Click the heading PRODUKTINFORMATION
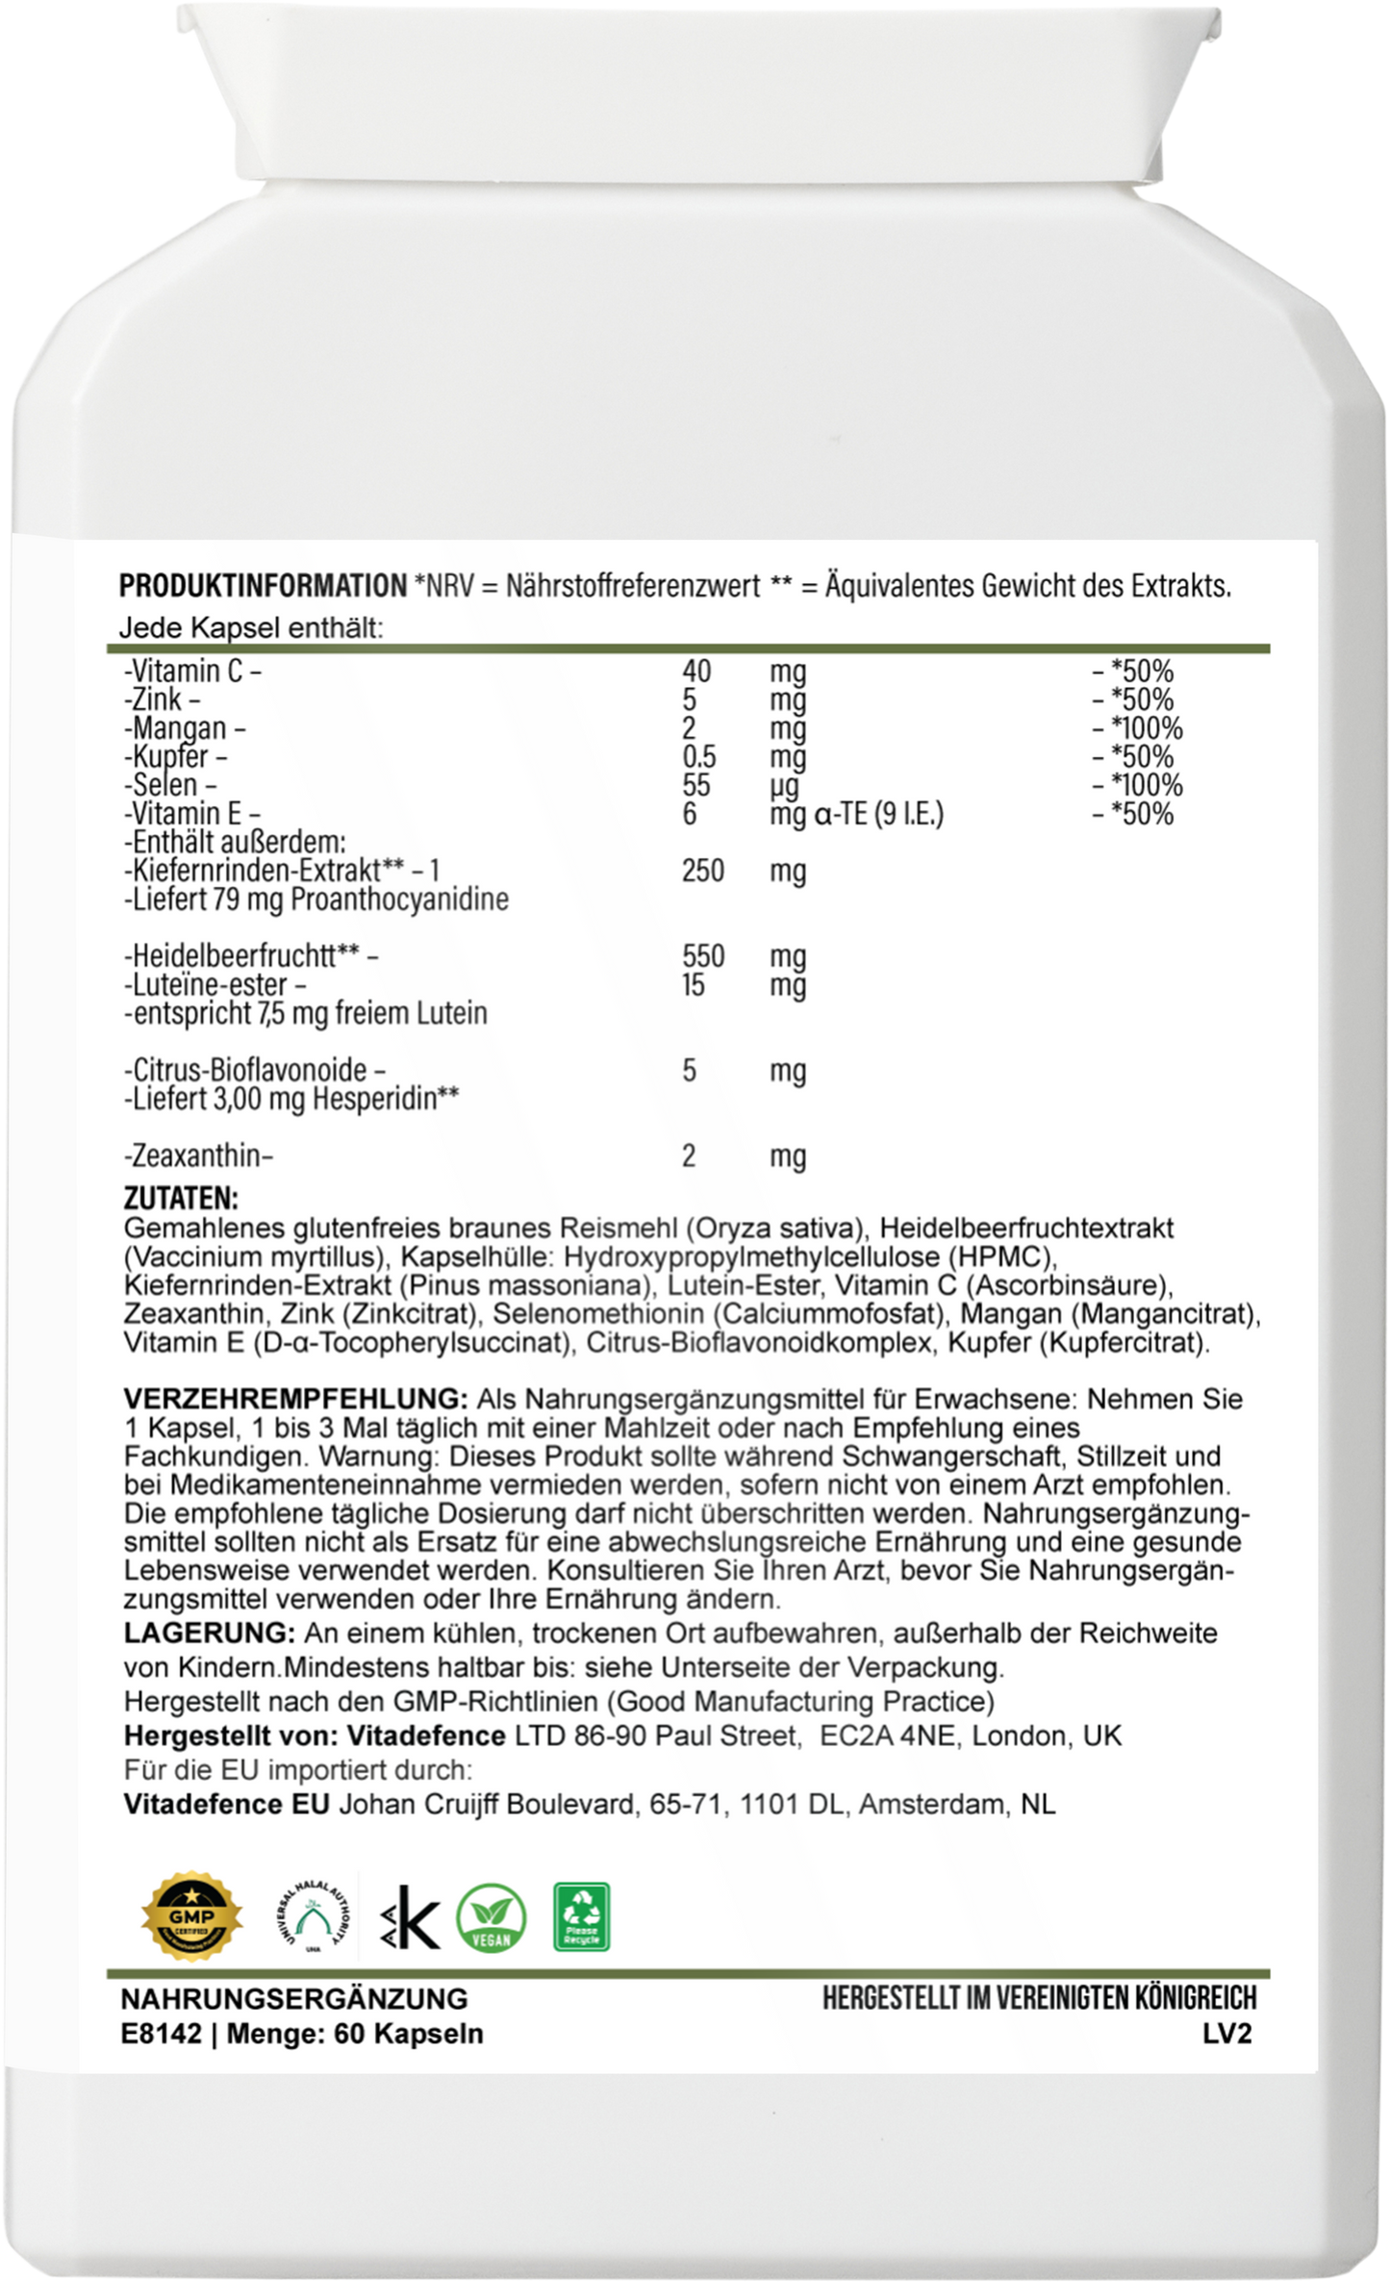263,585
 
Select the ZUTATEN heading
181,1198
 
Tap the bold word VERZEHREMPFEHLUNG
296,1398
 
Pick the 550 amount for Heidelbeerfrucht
702,956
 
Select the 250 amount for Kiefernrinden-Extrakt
702,871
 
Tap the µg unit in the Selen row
784,786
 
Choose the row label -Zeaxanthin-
199,1155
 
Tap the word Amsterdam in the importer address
927,1804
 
